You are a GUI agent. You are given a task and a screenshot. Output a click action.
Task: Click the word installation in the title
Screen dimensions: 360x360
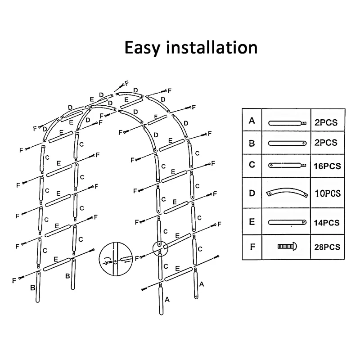(212, 47)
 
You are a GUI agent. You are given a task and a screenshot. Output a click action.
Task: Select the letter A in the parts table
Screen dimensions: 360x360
(252, 120)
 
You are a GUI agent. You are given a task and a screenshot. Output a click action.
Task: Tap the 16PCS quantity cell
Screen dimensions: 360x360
(327, 166)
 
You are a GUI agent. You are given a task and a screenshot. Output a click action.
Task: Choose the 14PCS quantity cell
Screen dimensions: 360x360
(327, 223)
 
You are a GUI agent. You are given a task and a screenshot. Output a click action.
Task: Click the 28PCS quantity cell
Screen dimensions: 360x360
(327, 247)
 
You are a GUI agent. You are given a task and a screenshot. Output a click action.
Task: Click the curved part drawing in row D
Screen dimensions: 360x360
(287, 193)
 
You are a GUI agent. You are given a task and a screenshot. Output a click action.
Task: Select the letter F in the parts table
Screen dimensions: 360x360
(252, 247)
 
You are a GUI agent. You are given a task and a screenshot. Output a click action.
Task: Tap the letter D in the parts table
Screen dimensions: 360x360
(252, 193)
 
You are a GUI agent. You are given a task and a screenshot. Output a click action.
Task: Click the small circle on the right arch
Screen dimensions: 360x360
(160, 247)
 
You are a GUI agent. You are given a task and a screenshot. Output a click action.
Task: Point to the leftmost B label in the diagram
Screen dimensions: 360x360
(32, 287)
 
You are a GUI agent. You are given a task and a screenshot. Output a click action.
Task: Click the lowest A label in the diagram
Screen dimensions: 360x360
(167, 299)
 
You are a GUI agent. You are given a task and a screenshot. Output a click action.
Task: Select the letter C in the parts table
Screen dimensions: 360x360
(252, 165)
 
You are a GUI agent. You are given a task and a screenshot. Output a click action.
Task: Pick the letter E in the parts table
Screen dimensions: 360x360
(252, 222)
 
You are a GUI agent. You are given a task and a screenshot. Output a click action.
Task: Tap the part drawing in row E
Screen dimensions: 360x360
(287, 222)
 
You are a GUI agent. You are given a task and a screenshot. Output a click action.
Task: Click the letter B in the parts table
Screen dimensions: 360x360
(252, 143)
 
